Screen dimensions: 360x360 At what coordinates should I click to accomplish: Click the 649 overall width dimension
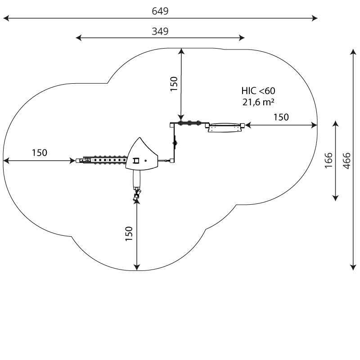[160, 11]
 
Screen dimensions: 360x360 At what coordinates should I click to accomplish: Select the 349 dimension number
[160, 31]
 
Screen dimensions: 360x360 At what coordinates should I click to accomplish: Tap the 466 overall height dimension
[346, 161]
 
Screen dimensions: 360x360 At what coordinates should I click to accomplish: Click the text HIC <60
[258, 91]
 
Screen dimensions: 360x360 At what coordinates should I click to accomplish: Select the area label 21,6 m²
[258, 102]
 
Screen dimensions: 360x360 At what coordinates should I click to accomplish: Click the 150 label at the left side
[39, 153]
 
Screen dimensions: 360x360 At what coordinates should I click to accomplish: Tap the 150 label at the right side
[281, 117]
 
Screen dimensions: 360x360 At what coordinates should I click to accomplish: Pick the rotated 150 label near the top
[174, 84]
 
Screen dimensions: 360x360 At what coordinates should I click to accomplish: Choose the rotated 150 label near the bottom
[129, 234]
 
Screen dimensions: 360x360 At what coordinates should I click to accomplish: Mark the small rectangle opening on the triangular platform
[136, 160]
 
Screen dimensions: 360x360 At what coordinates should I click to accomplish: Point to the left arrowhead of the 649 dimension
[5, 18]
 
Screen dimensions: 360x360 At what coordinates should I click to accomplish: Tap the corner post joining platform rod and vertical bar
[172, 160]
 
